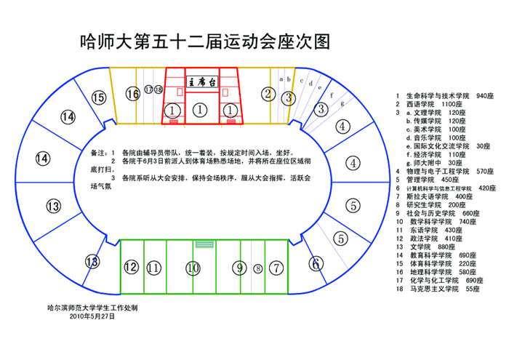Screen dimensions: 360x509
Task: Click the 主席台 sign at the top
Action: click(x=201, y=81)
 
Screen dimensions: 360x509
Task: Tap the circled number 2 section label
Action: click(x=268, y=93)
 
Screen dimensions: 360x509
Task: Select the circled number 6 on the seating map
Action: click(x=316, y=263)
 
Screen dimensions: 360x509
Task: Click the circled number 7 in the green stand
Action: click(x=275, y=268)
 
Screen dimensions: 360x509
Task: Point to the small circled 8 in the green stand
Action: click(x=257, y=268)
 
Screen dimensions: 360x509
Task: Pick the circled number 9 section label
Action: click(x=239, y=268)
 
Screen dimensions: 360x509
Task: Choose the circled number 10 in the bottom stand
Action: click(x=192, y=268)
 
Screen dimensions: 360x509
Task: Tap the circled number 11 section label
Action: click(x=153, y=268)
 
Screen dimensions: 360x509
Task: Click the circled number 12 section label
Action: click(x=131, y=267)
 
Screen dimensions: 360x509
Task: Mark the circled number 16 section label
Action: click(x=132, y=94)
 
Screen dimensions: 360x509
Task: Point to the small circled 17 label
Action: click(x=149, y=89)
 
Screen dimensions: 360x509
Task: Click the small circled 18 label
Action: click(x=159, y=89)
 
